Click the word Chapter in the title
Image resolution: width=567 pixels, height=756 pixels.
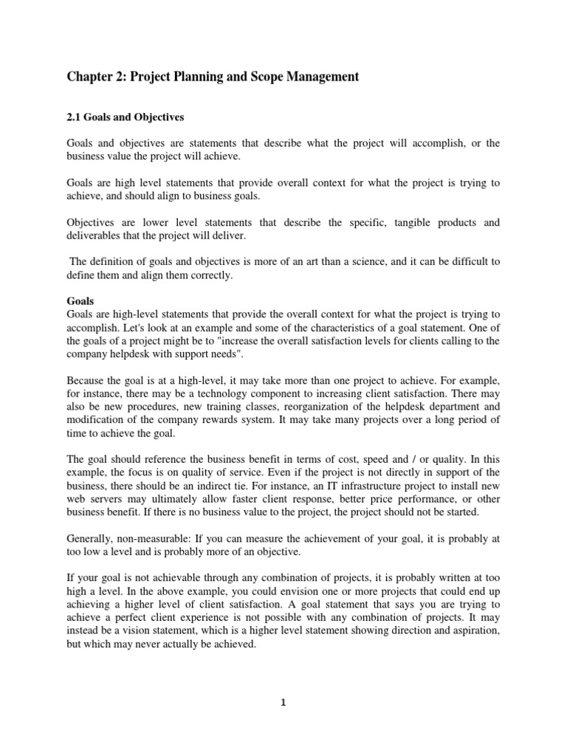pyautogui.click(x=90, y=77)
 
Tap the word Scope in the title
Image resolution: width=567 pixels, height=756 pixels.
pyautogui.click(x=269, y=77)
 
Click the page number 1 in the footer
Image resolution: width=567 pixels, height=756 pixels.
pyautogui.click(x=283, y=703)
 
